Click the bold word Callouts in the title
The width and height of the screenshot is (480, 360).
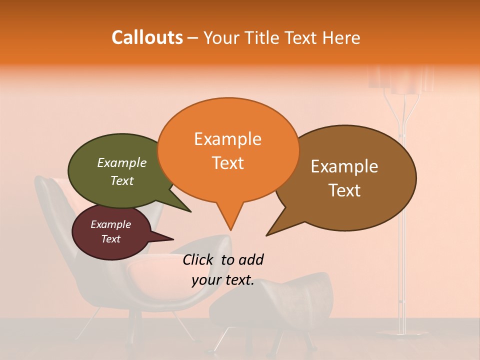(147, 37)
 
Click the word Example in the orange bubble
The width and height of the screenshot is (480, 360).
(227, 139)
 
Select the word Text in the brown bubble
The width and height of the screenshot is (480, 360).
(345, 190)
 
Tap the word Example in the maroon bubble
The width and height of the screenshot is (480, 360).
(110, 224)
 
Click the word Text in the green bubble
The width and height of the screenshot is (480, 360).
(122, 181)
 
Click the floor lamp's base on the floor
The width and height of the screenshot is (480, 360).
(400, 332)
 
